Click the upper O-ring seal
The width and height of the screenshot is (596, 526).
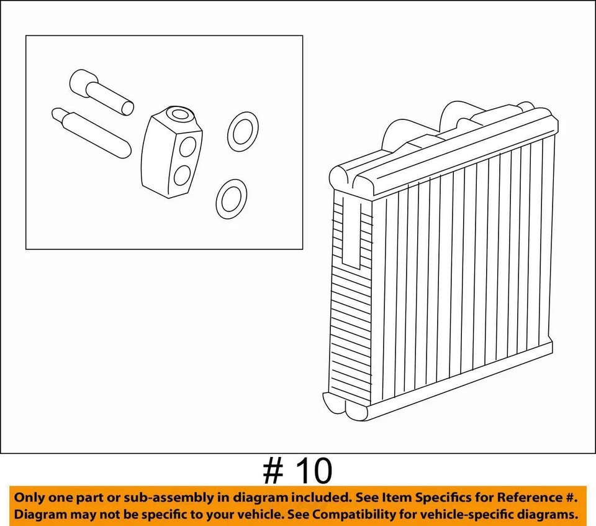[242, 131]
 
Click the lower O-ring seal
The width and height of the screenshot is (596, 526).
[231, 198]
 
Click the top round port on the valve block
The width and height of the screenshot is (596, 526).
[181, 114]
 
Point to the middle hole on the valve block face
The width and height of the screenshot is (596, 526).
[189, 147]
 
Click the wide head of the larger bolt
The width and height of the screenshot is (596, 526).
[81, 83]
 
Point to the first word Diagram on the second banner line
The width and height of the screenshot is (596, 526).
[40, 515]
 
